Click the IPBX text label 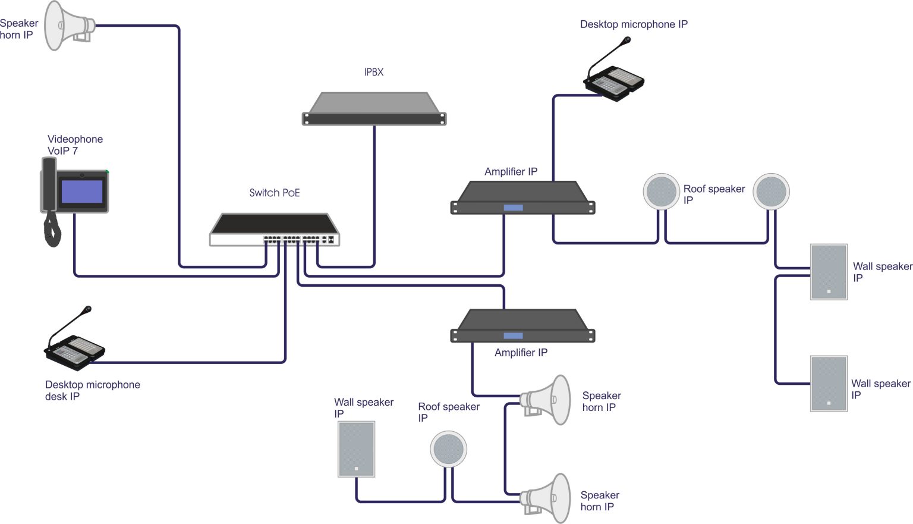pos(374,72)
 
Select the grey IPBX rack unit pos(374,109)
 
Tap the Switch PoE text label pos(274,193)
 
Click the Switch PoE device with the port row pos(275,231)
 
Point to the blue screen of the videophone pos(82,192)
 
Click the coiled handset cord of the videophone pos(52,230)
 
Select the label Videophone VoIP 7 pos(75,145)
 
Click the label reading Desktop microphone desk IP pos(92,390)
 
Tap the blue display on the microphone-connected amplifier pos(513,208)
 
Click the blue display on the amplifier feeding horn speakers pos(513,336)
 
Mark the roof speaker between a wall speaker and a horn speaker pos(448,450)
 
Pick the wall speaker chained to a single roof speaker pos(356,449)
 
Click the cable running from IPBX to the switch pos(374,196)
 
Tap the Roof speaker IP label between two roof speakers pos(713,194)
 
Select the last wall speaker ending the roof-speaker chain pos(829,384)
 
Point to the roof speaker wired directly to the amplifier pos(661,192)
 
